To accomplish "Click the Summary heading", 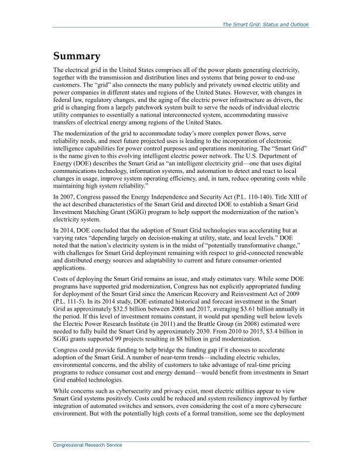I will tap(77, 57).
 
